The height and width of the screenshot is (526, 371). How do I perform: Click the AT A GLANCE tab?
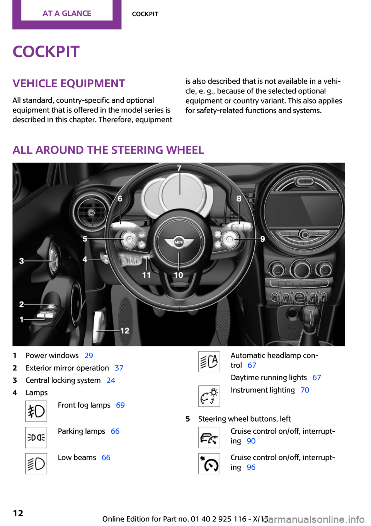pos(67,14)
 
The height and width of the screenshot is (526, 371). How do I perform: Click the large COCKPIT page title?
pos(46,52)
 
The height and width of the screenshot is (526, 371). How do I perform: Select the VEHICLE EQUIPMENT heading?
pos(69,83)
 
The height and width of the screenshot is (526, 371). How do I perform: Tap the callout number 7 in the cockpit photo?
pos(179,168)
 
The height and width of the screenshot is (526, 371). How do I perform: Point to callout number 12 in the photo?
pos(125,331)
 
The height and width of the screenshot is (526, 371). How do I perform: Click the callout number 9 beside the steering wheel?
pos(262,239)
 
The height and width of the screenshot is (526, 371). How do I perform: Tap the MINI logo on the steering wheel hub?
pos(179,242)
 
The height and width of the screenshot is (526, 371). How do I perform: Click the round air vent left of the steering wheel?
pos(91,212)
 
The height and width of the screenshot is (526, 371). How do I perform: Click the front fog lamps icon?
pos(36,411)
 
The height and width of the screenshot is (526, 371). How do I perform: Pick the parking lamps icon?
pos(36,437)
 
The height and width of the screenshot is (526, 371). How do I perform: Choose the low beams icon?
pos(36,463)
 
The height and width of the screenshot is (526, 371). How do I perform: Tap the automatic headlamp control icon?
pos(209,361)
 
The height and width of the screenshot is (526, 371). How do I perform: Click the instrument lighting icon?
pos(209,396)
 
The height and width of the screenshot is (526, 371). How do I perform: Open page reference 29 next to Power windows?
pos(88,355)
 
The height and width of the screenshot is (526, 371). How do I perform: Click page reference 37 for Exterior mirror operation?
pos(119,368)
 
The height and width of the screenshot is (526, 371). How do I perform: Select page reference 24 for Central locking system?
pos(111,380)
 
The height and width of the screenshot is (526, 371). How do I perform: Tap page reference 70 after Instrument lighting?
pos(305,390)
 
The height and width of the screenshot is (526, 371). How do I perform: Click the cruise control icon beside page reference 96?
pos(209,463)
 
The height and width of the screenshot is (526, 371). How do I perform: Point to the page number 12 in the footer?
pos(18,513)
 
